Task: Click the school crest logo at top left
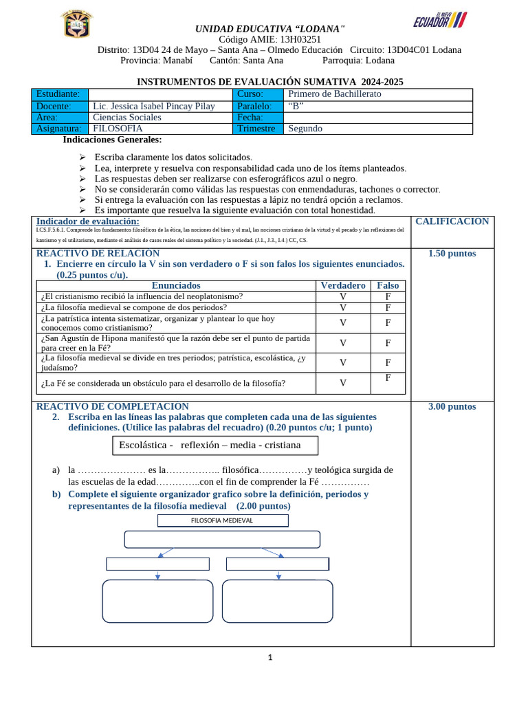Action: click(x=75, y=25)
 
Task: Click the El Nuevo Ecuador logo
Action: click(x=440, y=20)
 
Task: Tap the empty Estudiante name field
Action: click(x=161, y=94)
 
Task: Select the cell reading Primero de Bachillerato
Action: click(x=335, y=94)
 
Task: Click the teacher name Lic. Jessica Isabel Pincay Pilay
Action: click(x=153, y=106)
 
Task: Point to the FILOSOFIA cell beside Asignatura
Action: click(x=118, y=129)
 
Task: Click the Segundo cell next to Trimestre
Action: click(x=305, y=129)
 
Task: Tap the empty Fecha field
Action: click(x=377, y=118)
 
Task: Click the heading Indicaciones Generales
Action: click(x=112, y=140)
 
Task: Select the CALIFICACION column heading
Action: click(x=452, y=221)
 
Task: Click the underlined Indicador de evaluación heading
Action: click(x=87, y=221)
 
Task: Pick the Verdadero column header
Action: click(x=343, y=285)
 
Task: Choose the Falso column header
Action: click(x=388, y=285)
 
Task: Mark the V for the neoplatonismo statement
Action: click(x=343, y=296)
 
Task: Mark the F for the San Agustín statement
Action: click(x=388, y=342)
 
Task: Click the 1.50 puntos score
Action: click(x=452, y=254)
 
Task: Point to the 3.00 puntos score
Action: click(x=452, y=407)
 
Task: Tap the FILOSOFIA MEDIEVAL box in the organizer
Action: click(x=223, y=520)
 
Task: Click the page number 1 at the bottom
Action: click(x=270, y=658)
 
